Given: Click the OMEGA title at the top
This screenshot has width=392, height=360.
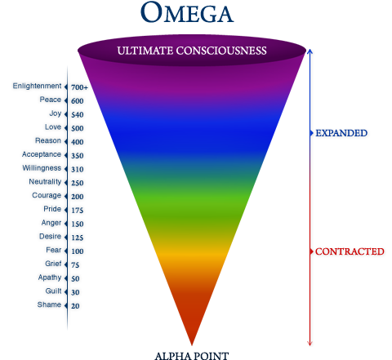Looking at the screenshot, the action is [187, 12].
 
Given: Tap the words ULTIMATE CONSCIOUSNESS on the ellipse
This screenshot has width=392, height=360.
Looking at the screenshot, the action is [192, 51].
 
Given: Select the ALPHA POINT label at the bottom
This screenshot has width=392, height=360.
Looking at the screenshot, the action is [192, 356].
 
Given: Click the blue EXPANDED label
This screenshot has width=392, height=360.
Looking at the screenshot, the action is [341, 133].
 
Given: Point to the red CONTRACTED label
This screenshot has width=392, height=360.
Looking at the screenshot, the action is [350, 251].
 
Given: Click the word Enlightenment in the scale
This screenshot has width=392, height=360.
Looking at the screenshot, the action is [37, 87].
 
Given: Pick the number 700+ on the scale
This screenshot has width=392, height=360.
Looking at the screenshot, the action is [79, 87].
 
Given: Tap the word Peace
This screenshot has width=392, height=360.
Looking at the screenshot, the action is [51, 100].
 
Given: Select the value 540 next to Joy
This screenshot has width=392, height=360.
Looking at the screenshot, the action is [78, 115].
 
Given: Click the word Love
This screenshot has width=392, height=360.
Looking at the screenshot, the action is [53, 127].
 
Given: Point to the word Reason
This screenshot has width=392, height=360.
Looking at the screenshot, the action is [48, 140].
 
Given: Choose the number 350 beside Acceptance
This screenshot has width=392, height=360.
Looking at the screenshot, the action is [78, 156].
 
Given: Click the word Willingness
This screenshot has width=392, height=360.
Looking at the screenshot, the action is [42, 168].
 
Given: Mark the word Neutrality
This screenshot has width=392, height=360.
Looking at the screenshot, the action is [45, 182].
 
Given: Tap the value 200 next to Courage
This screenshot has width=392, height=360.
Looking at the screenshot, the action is [78, 197].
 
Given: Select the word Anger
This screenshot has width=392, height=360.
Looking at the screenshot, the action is [51, 223].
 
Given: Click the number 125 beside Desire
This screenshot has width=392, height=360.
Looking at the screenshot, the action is [78, 238].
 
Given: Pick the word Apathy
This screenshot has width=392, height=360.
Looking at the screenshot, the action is [50, 278].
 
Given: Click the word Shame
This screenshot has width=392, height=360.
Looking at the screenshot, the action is [49, 304].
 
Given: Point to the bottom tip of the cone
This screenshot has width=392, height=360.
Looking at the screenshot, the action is [192, 345].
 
